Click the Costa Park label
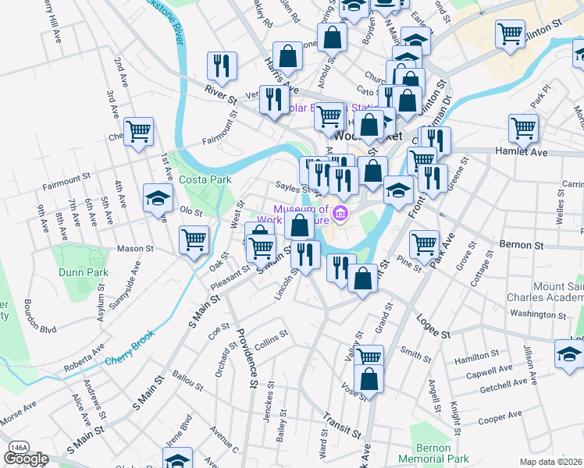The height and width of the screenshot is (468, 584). coord(205,179)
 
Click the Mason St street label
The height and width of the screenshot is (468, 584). coord(136,249)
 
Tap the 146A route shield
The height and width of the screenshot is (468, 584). coord(17,447)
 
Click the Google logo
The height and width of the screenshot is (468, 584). coord(26,459)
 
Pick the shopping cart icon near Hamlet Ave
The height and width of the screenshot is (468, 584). coord(523,127)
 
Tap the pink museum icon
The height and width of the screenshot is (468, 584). coord(340,213)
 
